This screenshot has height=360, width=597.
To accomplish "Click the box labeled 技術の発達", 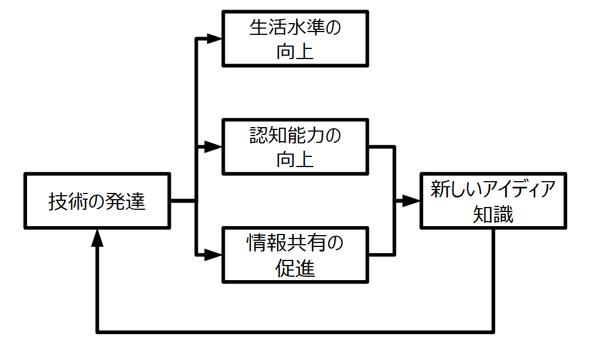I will coord(97,201).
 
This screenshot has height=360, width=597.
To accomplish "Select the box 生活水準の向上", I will coord(295,38).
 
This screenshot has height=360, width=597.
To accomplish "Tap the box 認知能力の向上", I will coord(295,146).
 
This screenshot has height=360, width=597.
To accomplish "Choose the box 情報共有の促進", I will coord(295,255).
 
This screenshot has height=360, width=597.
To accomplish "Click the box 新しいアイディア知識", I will coord(493,201).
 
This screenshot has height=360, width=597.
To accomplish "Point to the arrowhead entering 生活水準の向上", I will coord(214,39).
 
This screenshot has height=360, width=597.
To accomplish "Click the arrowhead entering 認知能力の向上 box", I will coord(214,147).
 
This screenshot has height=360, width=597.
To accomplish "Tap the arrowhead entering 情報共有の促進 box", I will coord(214,255).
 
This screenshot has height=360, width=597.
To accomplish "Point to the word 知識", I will coord(493,214).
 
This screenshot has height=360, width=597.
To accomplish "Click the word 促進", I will coord(295,268).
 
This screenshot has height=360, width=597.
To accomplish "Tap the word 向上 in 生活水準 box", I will coord(295,52).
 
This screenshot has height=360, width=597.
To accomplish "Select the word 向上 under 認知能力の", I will coord(295,160).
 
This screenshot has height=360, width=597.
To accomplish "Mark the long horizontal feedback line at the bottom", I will coord(295,331).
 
